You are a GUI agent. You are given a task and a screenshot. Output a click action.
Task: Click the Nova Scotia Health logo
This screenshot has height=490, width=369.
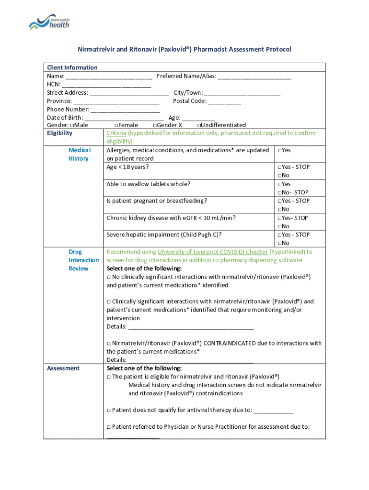(49, 22)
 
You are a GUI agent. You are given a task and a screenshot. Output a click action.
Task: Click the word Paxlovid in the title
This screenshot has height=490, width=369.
(172, 49)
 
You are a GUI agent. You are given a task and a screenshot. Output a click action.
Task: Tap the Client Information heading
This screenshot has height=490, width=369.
(72, 67)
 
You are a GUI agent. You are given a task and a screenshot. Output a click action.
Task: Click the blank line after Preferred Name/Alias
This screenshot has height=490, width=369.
(254, 76)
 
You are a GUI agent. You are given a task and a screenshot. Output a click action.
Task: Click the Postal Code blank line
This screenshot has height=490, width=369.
(225, 101)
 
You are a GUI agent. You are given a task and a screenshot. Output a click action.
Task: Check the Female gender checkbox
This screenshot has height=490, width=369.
(117, 125)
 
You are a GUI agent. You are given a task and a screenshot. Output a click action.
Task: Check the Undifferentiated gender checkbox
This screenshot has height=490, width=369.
(199, 125)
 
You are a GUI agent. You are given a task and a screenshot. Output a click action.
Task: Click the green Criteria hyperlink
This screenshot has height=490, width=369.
(116, 133)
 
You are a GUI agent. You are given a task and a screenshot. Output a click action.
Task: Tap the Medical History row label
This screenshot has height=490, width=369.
(79, 154)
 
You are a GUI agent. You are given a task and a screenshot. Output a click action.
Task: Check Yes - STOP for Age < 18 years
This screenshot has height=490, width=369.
(279, 167)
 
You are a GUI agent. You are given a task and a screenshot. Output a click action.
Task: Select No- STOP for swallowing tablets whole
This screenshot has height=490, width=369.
(279, 192)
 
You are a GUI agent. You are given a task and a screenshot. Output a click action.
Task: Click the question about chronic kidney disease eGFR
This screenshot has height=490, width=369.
(171, 218)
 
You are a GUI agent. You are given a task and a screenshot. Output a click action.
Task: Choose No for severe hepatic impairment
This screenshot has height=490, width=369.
(279, 243)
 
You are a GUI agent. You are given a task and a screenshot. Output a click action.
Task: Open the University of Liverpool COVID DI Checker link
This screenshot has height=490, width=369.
(212, 252)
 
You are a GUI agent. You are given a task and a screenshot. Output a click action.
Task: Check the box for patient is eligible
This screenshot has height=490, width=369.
(109, 377)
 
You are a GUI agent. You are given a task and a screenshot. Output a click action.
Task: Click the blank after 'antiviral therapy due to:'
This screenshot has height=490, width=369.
(274, 410)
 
